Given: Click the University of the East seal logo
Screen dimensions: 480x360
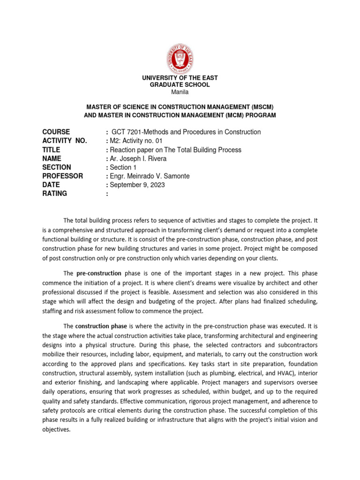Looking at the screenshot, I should tap(180, 59).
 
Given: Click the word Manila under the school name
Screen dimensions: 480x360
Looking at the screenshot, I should tap(180, 92).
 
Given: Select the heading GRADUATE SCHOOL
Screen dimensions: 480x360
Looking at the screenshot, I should tap(180, 85).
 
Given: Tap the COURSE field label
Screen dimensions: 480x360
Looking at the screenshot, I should tap(56, 132).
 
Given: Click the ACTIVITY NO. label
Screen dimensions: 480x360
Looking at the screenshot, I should tap(64, 141).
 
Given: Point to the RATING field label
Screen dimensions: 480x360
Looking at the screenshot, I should tap(55, 194).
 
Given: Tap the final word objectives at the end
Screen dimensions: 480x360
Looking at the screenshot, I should tap(56, 429).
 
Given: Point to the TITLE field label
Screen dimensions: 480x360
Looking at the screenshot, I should tap(52, 150).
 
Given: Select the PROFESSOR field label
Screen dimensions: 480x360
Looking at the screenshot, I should tap(63, 176).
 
